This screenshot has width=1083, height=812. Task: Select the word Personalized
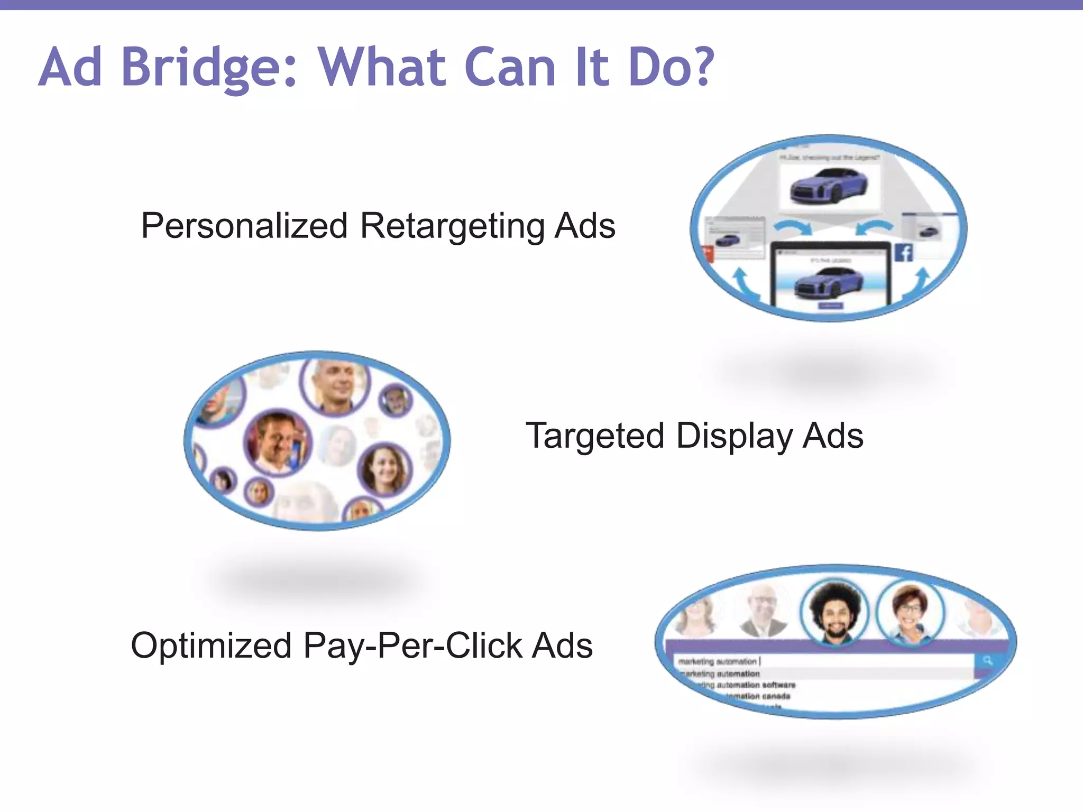click(x=244, y=226)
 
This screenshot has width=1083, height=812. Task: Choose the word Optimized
click(x=211, y=645)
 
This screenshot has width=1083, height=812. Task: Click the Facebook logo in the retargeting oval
click(x=903, y=253)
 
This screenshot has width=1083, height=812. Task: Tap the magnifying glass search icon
click(x=987, y=661)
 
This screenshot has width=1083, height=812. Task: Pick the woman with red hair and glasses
click(x=910, y=611)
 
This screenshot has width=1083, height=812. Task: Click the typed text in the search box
click(x=717, y=661)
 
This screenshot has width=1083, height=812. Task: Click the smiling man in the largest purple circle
click(x=277, y=442)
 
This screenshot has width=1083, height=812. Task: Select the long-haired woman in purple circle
click(x=384, y=469)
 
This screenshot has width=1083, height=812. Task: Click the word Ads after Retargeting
click(x=585, y=226)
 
